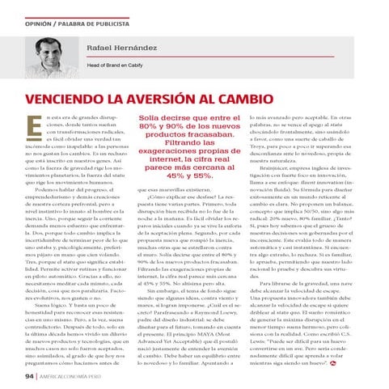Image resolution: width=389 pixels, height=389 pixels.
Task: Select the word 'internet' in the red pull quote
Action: point(174,164)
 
